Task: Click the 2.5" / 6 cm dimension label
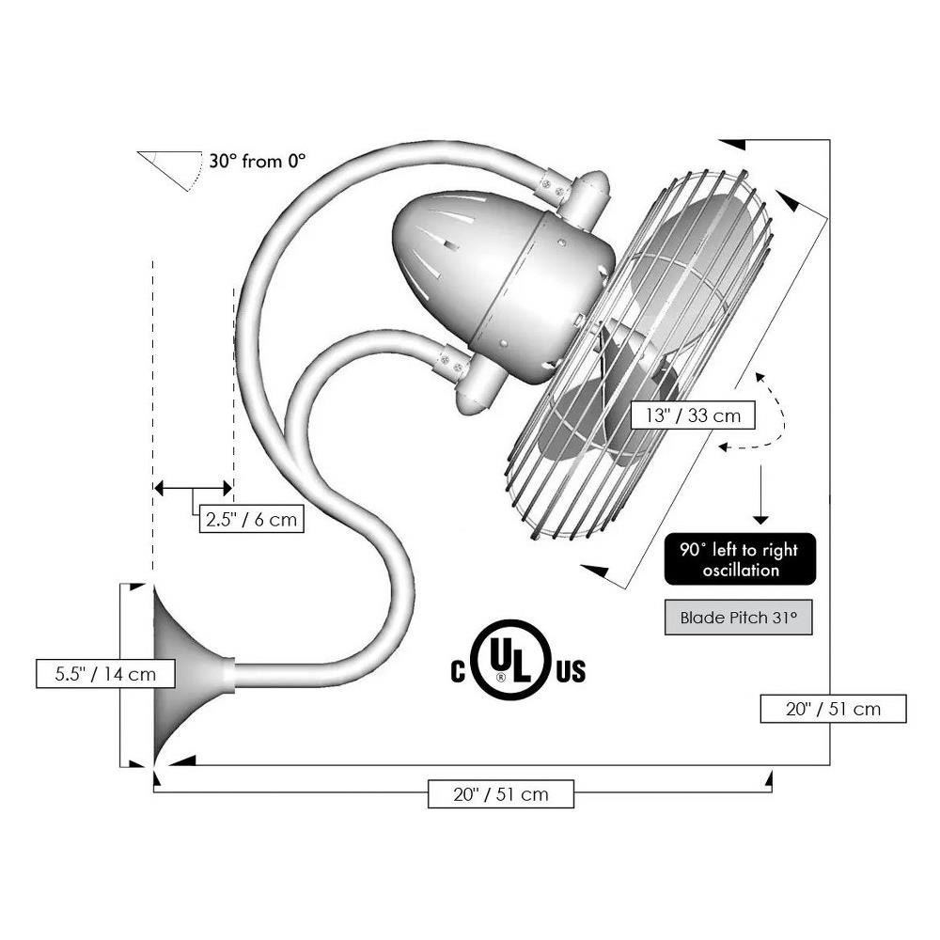point(251,519)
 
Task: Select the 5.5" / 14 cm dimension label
point(105,673)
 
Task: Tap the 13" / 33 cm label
point(693,415)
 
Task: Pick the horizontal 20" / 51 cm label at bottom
point(501,793)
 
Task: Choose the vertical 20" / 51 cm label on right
point(833,709)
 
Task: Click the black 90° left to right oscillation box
point(740,558)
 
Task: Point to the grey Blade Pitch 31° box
point(739,617)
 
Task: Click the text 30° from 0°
point(258,161)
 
